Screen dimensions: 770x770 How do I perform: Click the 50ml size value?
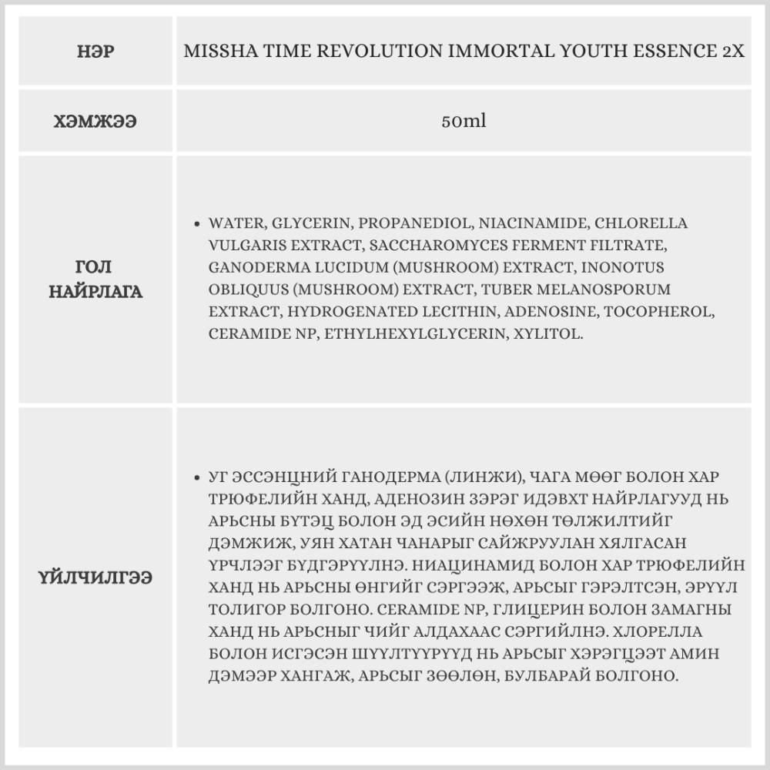coord(464,122)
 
